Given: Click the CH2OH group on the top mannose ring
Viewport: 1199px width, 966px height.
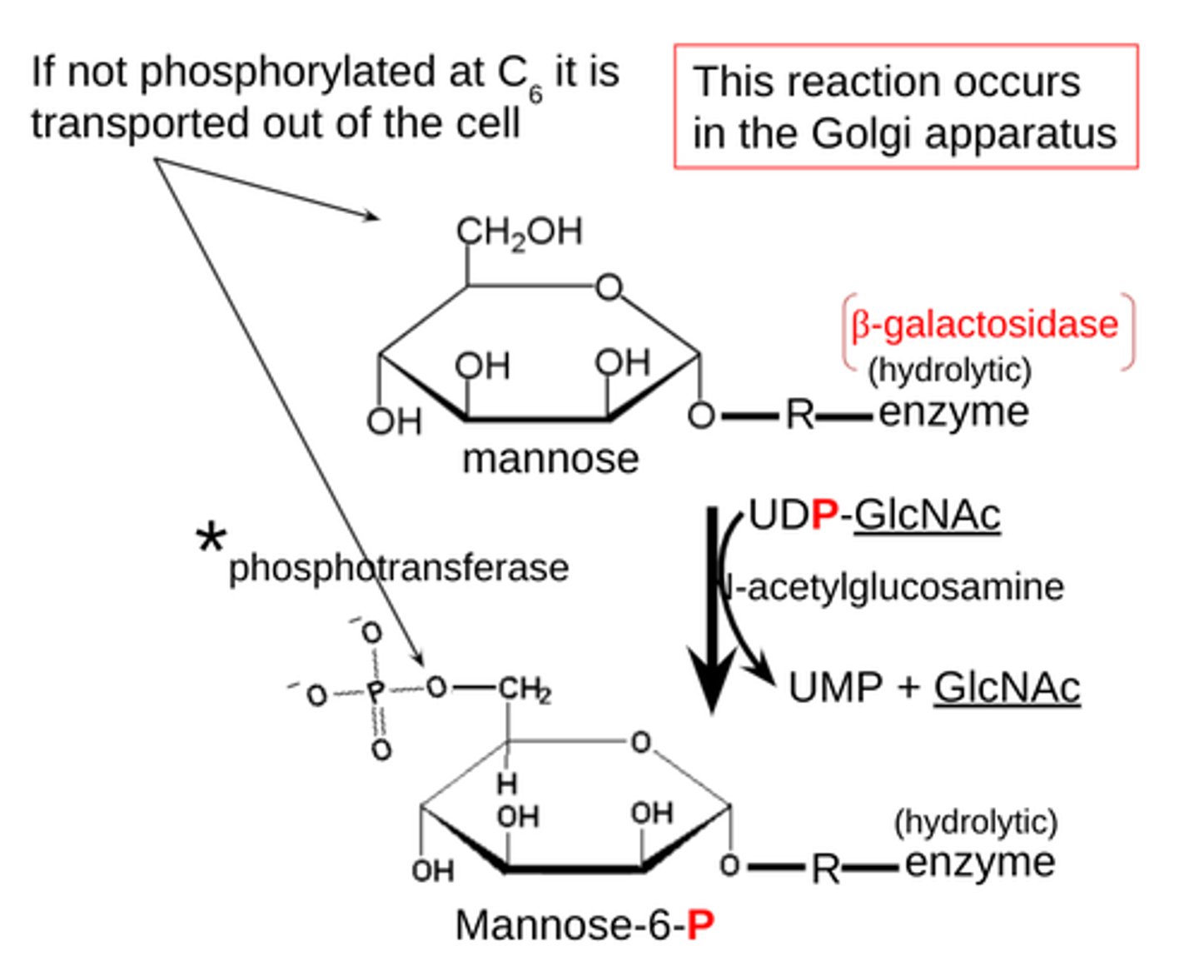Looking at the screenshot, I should click(x=519, y=232).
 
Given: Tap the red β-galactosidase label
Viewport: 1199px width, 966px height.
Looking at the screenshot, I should click(x=984, y=324).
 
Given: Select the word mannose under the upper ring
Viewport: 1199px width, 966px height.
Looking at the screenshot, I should click(x=550, y=459).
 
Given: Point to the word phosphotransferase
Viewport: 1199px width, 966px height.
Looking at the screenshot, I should click(x=398, y=568).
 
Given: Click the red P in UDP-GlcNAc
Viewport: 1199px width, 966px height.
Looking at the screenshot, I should click(x=823, y=515).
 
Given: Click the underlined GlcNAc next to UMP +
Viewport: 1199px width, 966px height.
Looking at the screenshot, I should click(x=1006, y=688).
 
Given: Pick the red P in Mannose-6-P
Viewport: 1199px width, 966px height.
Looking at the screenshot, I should click(x=701, y=924).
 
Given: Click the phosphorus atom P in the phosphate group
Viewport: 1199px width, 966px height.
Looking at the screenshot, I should click(x=376, y=690).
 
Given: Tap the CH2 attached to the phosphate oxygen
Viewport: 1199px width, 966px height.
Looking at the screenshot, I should click(x=525, y=690).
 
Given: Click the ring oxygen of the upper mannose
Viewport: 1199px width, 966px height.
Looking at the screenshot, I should click(x=609, y=287).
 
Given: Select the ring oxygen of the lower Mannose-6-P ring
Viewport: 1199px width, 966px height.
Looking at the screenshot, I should click(x=639, y=742).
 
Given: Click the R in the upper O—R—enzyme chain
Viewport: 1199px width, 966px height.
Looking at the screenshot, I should click(x=799, y=414).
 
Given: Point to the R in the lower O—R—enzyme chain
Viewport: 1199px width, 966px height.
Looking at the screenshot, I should click(x=825, y=869).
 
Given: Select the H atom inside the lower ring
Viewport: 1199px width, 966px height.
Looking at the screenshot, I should click(x=506, y=783).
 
